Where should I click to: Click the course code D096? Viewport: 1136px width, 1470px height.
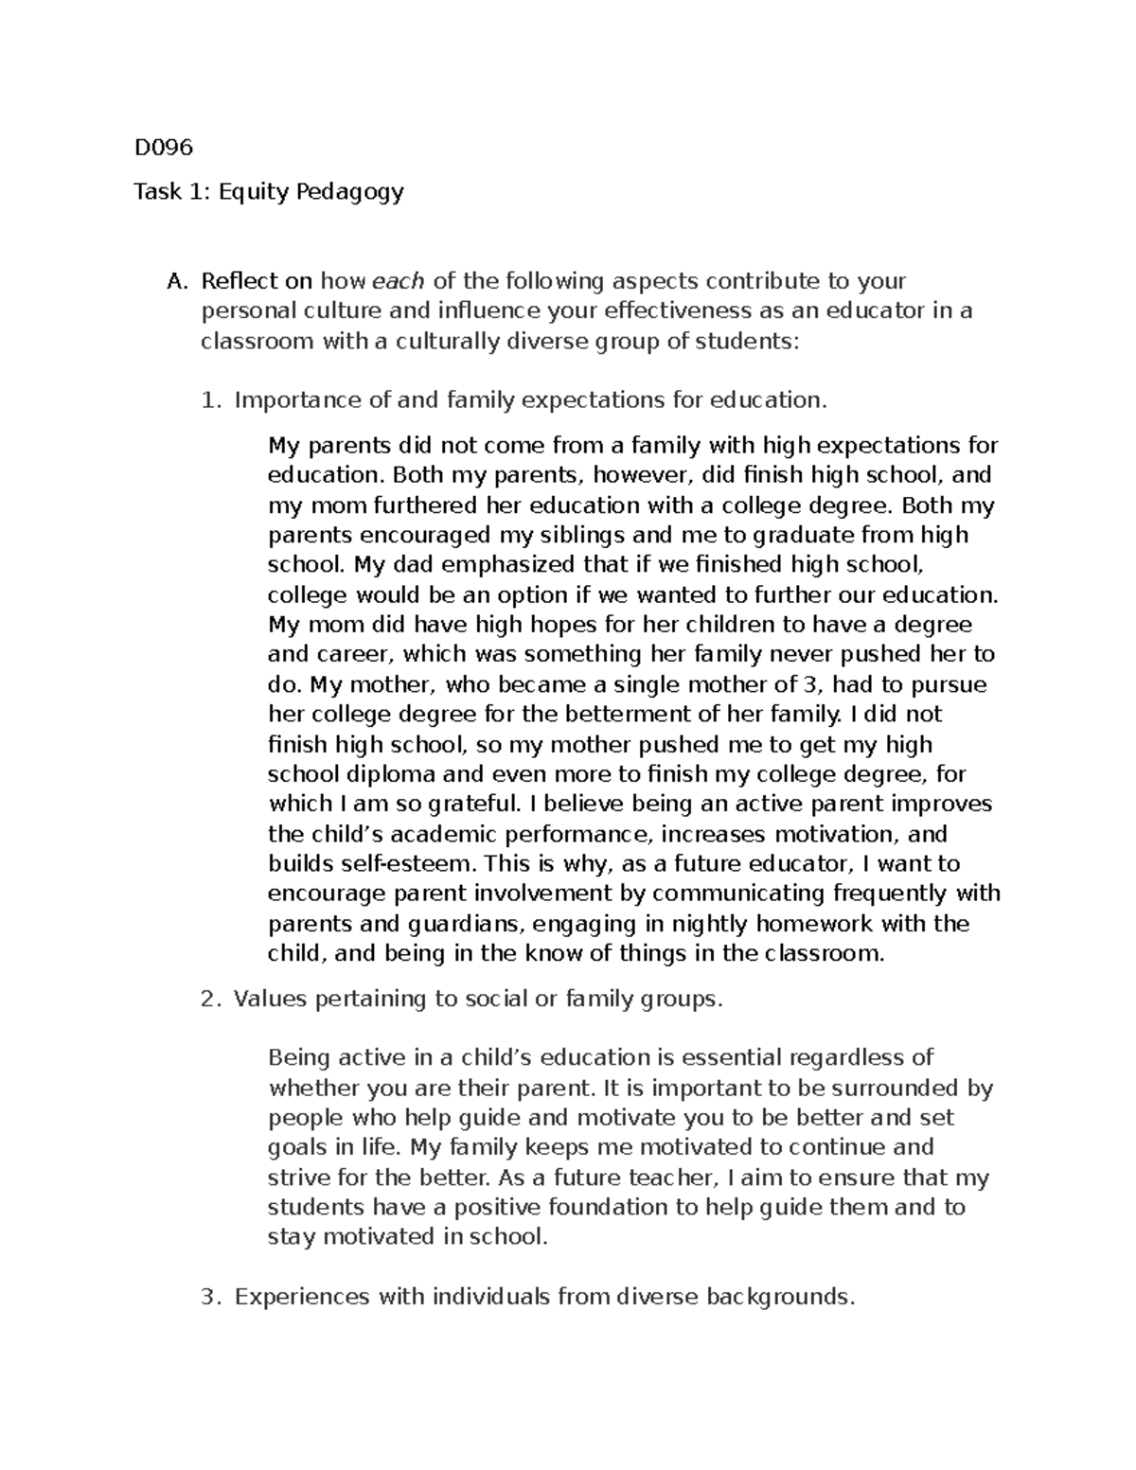coord(163,148)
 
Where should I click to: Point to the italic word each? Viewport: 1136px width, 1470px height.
coord(399,281)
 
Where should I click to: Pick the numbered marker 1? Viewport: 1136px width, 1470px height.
coord(209,400)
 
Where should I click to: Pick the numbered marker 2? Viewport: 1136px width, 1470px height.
coord(209,1000)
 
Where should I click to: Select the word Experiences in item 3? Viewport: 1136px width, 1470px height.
coord(301,1297)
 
